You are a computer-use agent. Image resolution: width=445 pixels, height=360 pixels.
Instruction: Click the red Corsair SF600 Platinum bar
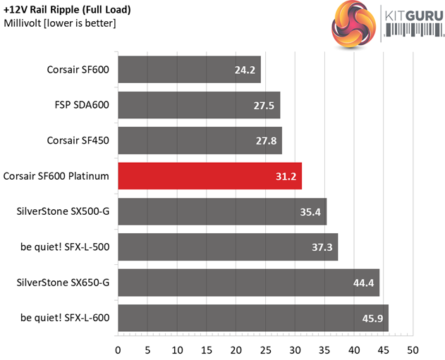coord(209,176)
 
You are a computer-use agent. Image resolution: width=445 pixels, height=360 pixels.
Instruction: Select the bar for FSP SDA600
coord(199,105)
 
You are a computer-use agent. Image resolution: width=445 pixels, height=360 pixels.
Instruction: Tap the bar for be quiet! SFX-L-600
coord(252,318)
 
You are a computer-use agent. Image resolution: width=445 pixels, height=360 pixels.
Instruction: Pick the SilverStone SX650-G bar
coord(248,283)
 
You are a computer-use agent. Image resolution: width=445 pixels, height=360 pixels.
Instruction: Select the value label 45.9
coord(372,318)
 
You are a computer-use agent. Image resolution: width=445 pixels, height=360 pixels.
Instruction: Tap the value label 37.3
coord(322,247)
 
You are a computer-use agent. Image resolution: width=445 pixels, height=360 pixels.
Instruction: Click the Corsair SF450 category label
coord(78,140)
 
